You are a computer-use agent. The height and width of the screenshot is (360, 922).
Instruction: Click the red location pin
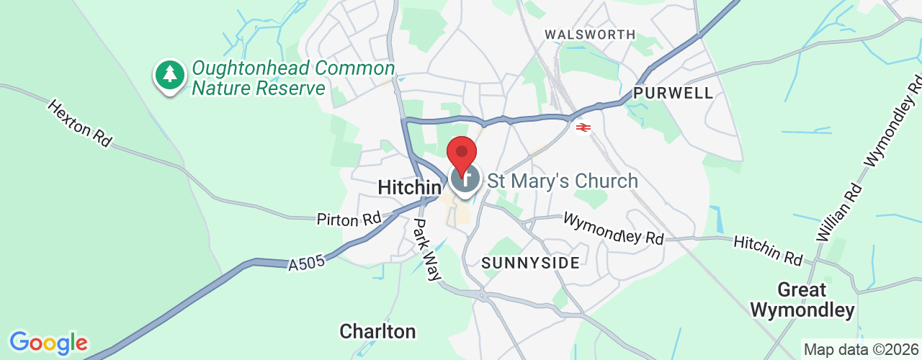[x=462, y=152]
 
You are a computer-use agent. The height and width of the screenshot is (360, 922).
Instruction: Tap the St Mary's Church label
[x=563, y=181]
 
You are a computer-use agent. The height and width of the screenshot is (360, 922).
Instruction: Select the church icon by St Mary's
[x=465, y=178]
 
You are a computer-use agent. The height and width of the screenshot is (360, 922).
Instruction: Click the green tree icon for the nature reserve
[x=170, y=73]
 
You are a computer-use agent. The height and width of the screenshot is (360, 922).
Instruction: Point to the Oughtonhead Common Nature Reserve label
[x=293, y=78]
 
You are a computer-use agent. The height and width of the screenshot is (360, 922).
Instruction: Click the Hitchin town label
[x=409, y=188]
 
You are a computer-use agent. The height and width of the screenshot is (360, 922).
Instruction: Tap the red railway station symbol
[x=583, y=127]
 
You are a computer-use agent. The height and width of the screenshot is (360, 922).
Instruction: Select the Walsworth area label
[x=590, y=35]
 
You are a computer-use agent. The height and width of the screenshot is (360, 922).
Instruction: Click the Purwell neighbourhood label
[x=673, y=93]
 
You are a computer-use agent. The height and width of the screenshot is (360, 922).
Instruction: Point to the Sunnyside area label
[x=530, y=263]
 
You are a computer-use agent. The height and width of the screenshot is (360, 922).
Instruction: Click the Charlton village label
[x=377, y=331]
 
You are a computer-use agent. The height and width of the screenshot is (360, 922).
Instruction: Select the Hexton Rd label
[x=80, y=123]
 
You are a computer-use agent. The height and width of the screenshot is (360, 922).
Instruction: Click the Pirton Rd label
[x=348, y=219]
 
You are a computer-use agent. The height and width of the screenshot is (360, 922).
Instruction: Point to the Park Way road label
[x=426, y=249]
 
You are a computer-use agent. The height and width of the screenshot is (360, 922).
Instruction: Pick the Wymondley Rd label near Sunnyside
[x=614, y=228]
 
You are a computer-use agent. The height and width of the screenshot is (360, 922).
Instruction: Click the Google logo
[x=48, y=343]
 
